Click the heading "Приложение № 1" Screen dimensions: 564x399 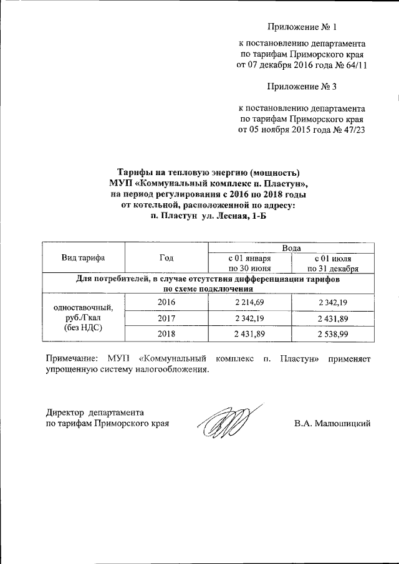tap(302, 27)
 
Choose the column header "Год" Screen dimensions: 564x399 tap(166, 258)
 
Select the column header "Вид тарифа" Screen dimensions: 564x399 tap(83, 258)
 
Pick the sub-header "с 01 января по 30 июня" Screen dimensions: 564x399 tap(249, 264)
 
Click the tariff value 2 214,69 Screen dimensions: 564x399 tap(249, 302)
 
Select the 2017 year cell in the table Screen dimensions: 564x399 tap(166, 319)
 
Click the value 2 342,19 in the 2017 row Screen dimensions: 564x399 tap(249, 319)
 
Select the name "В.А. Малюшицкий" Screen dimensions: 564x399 tap(332, 424)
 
